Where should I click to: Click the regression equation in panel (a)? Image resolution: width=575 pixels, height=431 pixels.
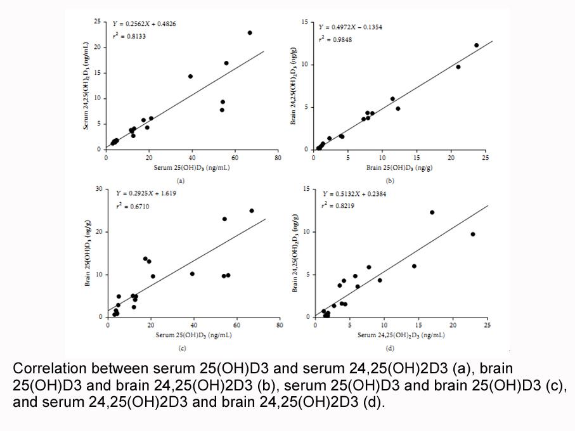click(x=144, y=24)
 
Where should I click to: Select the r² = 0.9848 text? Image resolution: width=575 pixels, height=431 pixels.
click(x=335, y=39)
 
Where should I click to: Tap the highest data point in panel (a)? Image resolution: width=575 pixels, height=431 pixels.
click(x=250, y=32)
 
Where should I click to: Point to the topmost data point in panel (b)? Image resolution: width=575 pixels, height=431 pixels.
click(x=476, y=45)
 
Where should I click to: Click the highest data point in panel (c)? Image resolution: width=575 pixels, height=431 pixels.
click(x=252, y=210)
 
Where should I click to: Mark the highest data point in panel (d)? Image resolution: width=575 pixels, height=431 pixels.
click(x=432, y=212)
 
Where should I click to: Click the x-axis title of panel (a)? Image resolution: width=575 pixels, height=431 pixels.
click(x=192, y=168)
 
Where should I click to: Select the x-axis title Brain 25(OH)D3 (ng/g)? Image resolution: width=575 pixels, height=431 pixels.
click(x=399, y=168)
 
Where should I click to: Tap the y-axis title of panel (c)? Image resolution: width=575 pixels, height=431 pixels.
click(x=87, y=253)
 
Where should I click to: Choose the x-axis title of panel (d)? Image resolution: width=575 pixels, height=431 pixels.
click(x=401, y=335)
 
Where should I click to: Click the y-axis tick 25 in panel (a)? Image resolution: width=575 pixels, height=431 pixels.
click(x=97, y=22)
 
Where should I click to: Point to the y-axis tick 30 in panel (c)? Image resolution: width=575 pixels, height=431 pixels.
click(x=99, y=189)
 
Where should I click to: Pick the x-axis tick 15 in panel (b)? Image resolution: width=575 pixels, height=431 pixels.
click(x=417, y=157)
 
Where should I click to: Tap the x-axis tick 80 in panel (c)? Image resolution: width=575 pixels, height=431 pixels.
click(x=280, y=325)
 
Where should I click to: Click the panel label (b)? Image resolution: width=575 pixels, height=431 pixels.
click(x=390, y=181)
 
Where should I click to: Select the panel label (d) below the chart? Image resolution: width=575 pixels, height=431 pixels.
click(x=390, y=348)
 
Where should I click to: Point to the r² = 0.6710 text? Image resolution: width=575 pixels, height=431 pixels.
click(x=132, y=206)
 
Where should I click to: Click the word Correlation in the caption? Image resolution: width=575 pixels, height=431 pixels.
click(x=49, y=368)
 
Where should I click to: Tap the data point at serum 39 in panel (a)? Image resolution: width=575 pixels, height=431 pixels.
click(x=190, y=76)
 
